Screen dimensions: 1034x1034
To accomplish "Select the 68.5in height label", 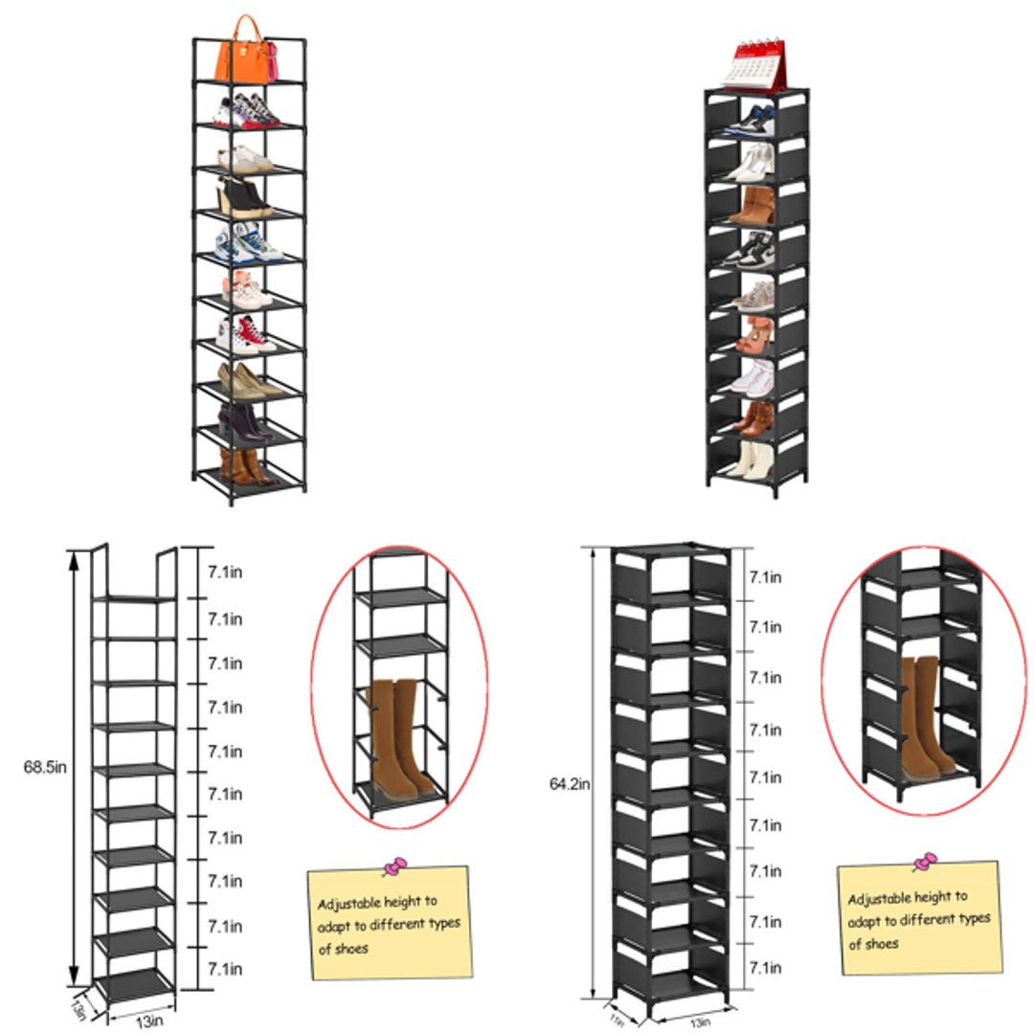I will point(46,767).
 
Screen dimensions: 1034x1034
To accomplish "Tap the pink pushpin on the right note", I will point(925,862).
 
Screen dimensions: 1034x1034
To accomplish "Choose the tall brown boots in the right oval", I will point(925,716).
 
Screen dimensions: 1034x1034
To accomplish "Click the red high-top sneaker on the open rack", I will point(245,335).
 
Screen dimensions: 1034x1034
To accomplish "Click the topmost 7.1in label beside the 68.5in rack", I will point(225,574).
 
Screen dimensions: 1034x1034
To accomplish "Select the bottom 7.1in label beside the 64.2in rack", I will point(765,967).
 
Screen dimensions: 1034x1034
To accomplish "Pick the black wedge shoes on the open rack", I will point(242,199).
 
